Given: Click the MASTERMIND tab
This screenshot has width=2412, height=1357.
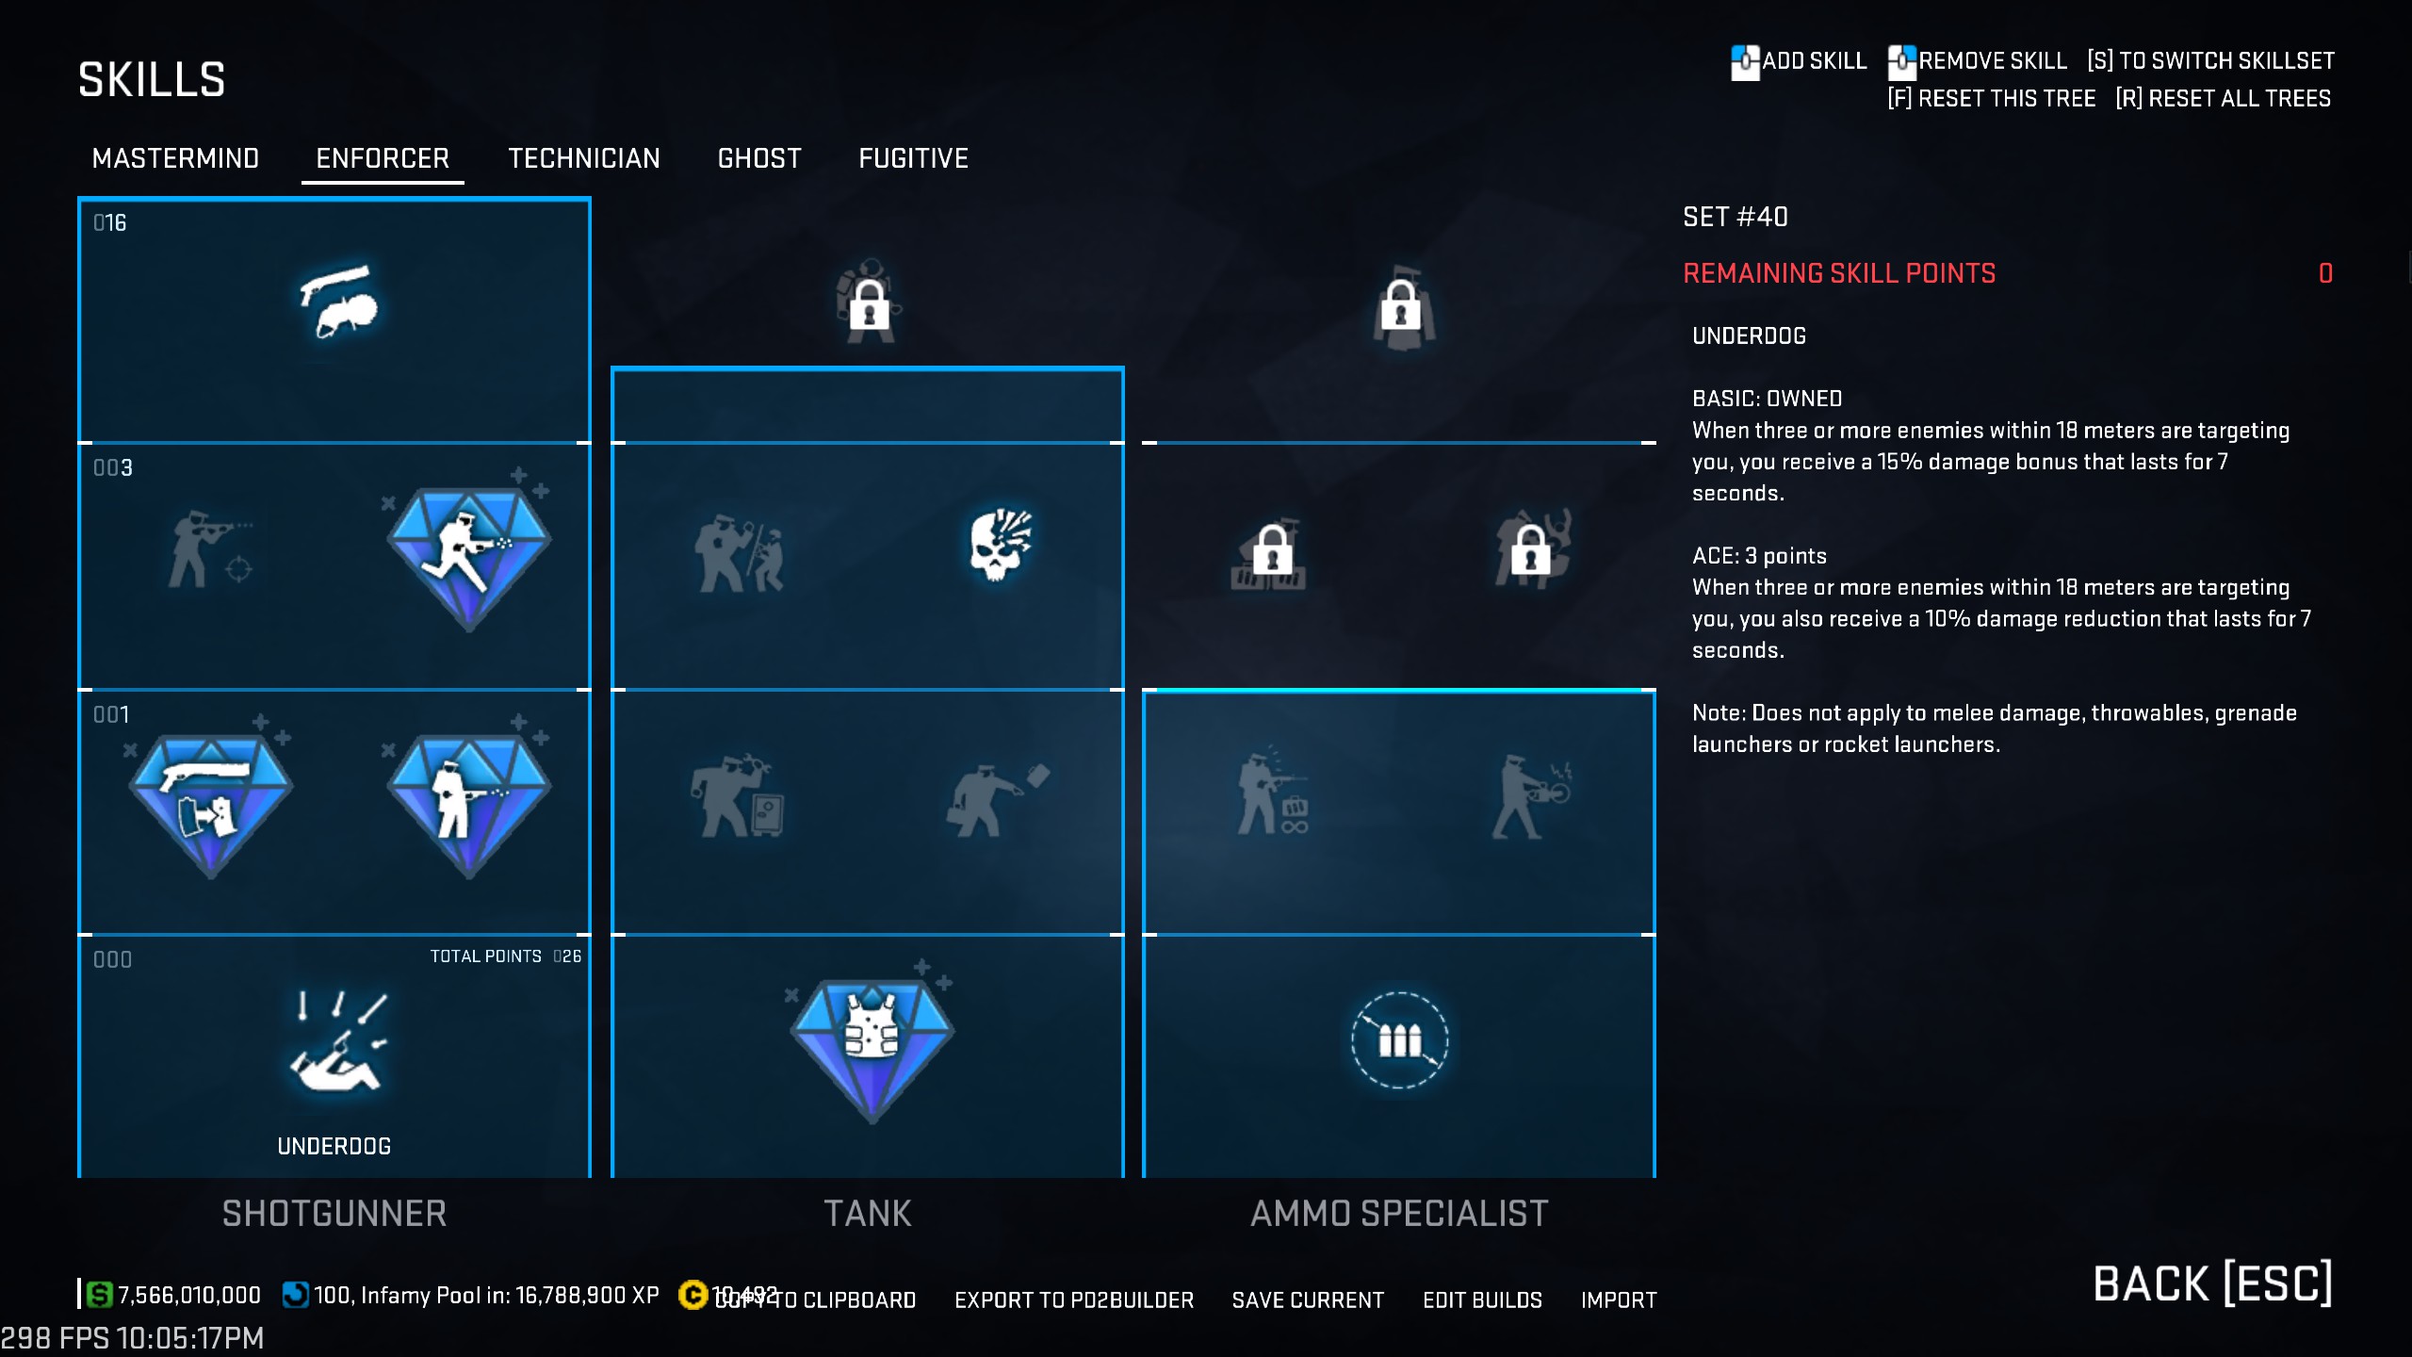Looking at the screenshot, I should (175, 158).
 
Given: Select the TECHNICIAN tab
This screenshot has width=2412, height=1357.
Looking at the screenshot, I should (584, 158).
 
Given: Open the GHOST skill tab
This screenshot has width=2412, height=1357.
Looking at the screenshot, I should (759, 158).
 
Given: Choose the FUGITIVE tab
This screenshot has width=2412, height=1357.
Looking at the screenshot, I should (913, 158).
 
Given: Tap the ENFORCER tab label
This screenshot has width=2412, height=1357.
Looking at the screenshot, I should (383, 158).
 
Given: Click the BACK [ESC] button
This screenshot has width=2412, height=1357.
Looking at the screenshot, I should (2212, 1283).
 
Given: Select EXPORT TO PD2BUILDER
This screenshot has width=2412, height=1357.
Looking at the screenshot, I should (1074, 1300).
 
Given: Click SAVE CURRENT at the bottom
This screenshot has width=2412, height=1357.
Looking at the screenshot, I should (1308, 1300).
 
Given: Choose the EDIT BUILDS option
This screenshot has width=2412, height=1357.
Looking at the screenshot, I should (1482, 1300).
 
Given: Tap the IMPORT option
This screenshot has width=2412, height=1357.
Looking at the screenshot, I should (1619, 1300).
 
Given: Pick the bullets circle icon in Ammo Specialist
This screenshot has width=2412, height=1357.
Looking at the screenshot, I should (1399, 1040).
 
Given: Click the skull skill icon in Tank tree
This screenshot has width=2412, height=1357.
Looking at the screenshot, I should (1001, 545).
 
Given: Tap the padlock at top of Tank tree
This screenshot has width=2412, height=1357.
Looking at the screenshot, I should (869, 303).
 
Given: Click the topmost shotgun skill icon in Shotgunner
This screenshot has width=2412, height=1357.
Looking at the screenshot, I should (337, 300).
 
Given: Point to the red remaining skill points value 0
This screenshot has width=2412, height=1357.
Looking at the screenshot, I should (2325, 273).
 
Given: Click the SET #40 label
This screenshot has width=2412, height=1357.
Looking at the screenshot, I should (1736, 217).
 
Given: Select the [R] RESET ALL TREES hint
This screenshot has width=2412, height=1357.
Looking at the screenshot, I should (2223, 98).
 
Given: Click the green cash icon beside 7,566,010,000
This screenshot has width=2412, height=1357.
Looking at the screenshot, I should (99, 1295).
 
